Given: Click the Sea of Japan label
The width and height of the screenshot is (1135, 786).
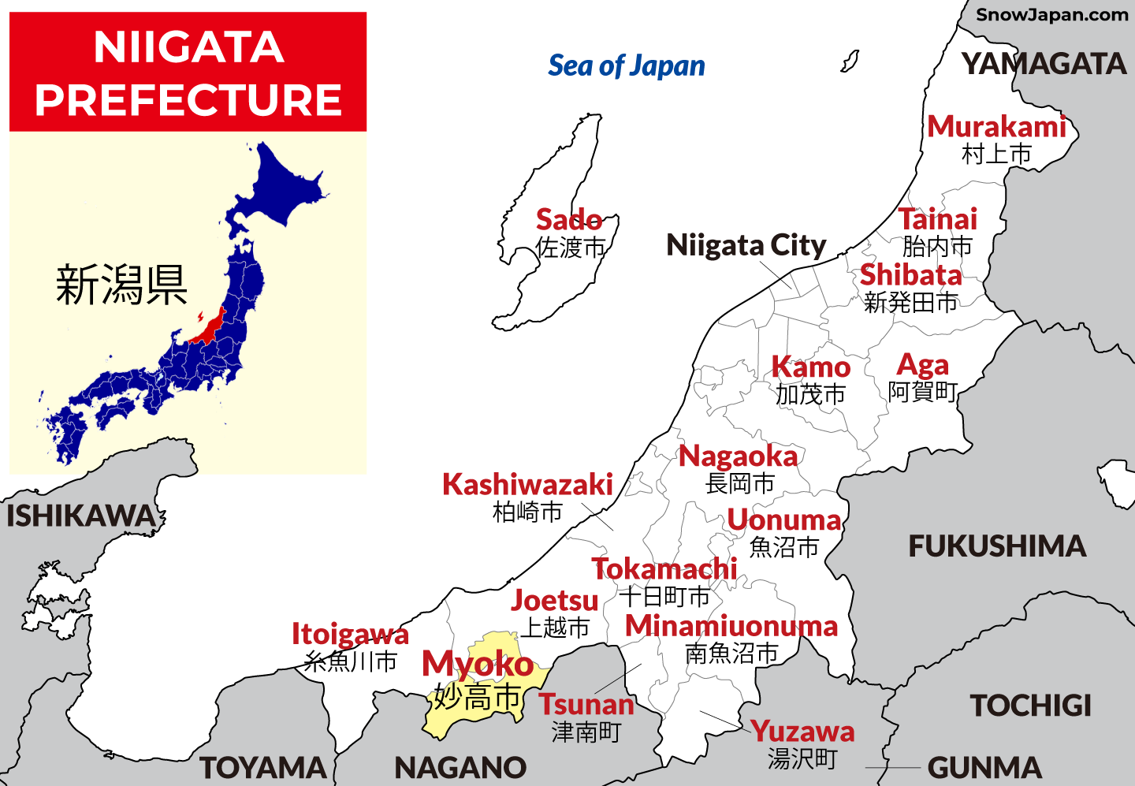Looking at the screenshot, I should click(x=627, y=66).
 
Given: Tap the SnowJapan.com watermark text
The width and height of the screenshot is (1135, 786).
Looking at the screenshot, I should click(x=1051, y=14).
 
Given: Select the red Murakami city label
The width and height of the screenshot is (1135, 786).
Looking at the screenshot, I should click(x=996, y=127).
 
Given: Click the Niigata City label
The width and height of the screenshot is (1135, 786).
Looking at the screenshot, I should click(x=746, y=245).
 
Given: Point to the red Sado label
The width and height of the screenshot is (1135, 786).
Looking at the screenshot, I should click(x=569, y=219).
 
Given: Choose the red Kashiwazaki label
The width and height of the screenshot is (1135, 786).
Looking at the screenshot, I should click(x=527, y=485).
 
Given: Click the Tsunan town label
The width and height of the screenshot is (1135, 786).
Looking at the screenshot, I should click(x=586, y=704).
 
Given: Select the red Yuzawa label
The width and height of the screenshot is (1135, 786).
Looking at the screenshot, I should click(x=802, y=732).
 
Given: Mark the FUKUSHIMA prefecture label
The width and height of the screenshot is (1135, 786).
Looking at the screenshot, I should click(x=997, y=546).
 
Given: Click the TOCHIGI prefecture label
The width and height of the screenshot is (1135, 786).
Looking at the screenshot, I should click(x=1030, y=706).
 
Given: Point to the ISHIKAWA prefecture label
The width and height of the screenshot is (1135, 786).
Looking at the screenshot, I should click(x=81, y=516).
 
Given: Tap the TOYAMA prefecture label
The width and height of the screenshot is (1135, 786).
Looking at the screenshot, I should click(x=263, y=768).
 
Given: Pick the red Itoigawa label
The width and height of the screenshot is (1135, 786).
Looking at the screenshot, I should click(x=350, y=634).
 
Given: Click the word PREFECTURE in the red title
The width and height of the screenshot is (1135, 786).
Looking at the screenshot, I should click(x=188, y=99).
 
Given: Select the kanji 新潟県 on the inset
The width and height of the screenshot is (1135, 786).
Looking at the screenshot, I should click(x=121, y=285).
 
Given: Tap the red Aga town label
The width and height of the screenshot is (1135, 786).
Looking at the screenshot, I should click(x=923, y=365).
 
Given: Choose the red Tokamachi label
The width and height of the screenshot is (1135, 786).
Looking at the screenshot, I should click(x=664, y=568).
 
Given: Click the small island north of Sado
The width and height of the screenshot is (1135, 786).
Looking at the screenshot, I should click(x=850, y=61).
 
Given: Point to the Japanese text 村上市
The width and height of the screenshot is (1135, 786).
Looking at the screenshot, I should click(x=996, y=154).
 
